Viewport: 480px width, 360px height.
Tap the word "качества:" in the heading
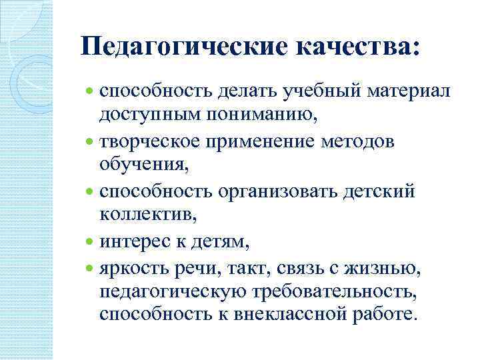coord(357,47)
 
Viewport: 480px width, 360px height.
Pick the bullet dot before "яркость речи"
coord(90,269)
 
